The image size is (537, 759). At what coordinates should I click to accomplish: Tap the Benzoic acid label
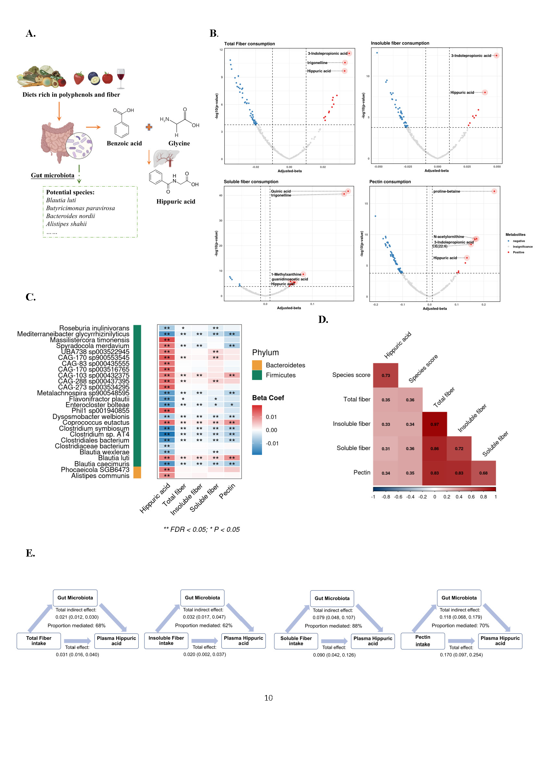(x=124, y=143)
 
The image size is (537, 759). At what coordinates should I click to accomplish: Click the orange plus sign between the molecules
(x=149, y=127)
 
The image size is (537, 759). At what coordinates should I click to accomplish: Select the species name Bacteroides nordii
(x=70, y=216)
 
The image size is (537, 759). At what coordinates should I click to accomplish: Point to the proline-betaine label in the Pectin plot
(x=446, y=191)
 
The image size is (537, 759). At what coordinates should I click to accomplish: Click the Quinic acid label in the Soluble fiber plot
(x=281, y=191)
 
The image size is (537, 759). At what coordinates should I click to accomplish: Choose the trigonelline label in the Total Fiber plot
(x=317, y=63)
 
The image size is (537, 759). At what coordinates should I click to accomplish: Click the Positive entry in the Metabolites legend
(x=518, y=252)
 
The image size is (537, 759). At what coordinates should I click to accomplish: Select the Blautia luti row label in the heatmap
(x=113, y=458)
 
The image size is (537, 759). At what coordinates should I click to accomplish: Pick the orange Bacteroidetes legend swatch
(x=257, y=365)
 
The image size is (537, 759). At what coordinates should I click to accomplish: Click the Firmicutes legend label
(x=281, y=375)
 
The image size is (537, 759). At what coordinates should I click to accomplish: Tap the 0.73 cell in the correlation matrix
(x=386, y=375)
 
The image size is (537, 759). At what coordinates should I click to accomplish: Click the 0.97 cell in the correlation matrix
(x=434, y=424)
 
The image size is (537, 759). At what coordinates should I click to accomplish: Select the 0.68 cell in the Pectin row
(x=483, y=473)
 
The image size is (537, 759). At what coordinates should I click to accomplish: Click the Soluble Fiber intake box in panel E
(x=296, y=641)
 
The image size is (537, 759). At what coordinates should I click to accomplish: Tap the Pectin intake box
(x=423, y=641)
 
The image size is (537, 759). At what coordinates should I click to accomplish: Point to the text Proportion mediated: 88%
(x=333, y=626)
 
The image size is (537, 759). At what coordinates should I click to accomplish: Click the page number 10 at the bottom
(x=268, y=698)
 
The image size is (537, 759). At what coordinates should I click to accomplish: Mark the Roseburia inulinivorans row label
(x=94, y=328)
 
